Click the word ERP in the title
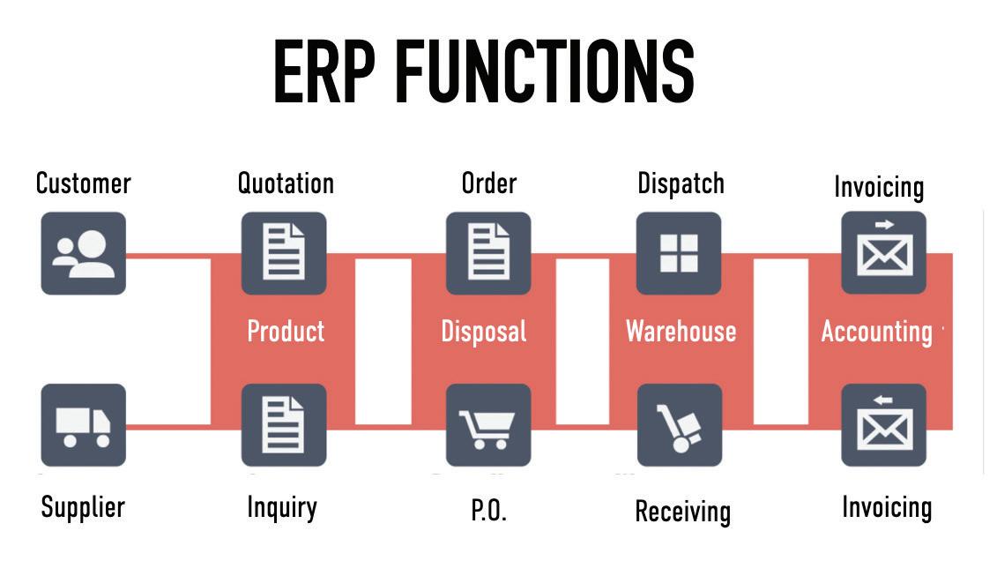point(324,71)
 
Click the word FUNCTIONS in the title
point(545,71)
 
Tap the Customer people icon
point(83,253)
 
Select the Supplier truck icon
point(83,425)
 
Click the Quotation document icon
point(284,253)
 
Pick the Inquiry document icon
point(284,425)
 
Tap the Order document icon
point(488,253)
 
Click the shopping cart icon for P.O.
point(488,425)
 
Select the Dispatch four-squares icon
point(679,253)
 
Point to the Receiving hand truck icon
point(679,425)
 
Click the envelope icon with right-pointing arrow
point(884,253)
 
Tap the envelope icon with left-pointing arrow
point(884,425)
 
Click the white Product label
point(286,331)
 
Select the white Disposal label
point(484,332)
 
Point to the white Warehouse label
point(681,332)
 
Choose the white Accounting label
point(877,332)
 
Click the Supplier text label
point(83,507)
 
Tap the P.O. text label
point(489,510)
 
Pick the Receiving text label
point(683,512)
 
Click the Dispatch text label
point(681,183)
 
